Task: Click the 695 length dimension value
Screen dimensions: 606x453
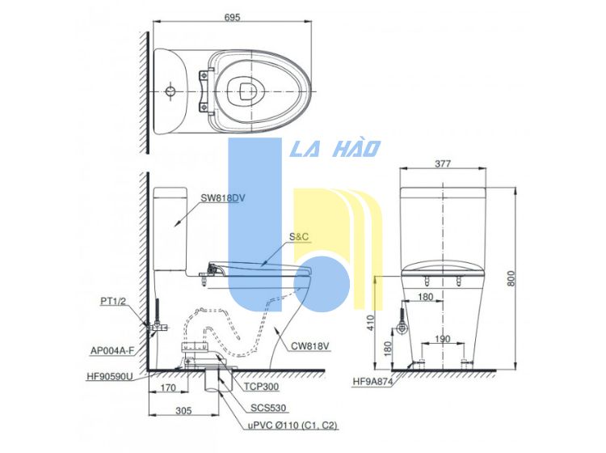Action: tap(232, 17)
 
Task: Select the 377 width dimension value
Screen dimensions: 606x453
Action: tap(443, 163)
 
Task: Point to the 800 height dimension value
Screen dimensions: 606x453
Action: tap(511, 278)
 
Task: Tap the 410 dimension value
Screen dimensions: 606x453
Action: tap(371, 322)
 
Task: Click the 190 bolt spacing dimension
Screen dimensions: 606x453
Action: tap(442, 339)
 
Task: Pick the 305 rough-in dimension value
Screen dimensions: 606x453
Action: tap(183, 410)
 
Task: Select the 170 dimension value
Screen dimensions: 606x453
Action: tap(168, 387)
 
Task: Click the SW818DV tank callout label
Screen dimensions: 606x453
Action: tap(223, 198)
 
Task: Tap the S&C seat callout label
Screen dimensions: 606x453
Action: tap(299, 237)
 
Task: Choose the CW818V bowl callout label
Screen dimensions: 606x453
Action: tap(308, 346)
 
